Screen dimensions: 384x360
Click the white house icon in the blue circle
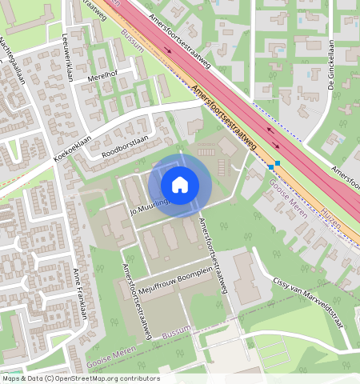[180, 185]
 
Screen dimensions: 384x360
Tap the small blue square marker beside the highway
[278, 164]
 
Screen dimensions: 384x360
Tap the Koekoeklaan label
[73, 146]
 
